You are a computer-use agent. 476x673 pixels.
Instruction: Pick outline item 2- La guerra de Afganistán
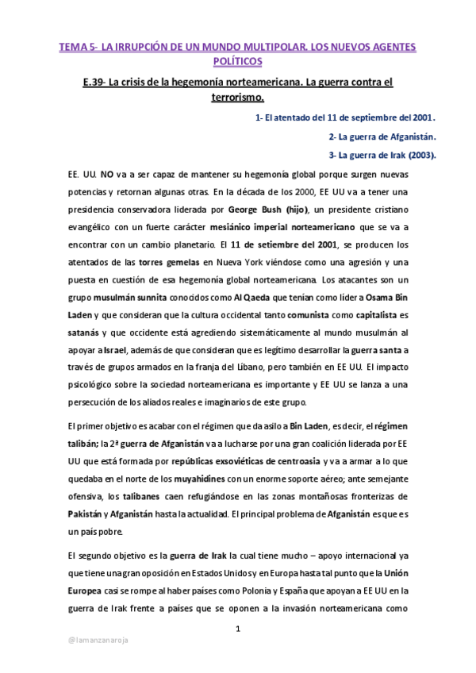[x=383, y=137]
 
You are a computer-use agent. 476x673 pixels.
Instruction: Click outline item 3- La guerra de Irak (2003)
[x=382, y=155]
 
